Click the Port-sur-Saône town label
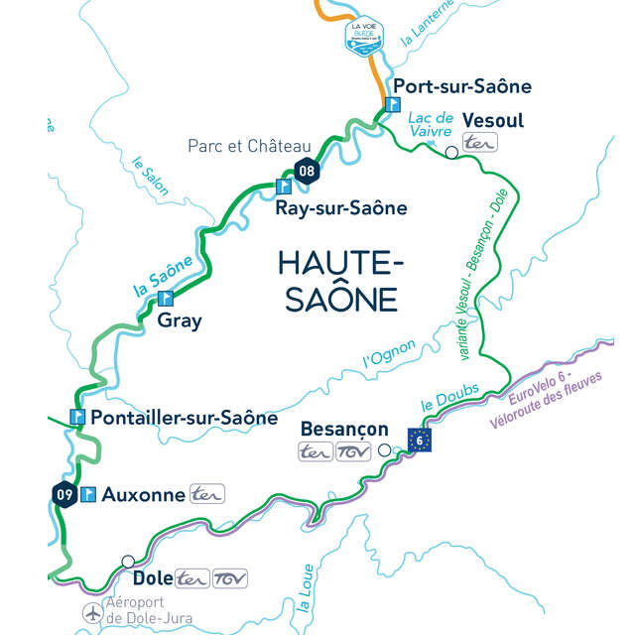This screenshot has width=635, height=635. point(462,86)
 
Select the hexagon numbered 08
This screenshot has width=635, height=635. point(308,172)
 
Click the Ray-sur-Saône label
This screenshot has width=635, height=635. point(340,207)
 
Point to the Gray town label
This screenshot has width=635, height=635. point(179,320)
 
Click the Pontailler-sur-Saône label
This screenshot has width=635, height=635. point(184,418)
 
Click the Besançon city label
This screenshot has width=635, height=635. point(344,429)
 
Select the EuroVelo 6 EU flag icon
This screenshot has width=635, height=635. point(420,439)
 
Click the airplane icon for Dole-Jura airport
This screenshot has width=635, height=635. point(91,611)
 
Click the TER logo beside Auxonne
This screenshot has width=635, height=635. point(207,493)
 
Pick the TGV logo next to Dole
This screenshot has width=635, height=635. point(230,578)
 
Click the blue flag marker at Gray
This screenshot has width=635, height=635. point(166,297)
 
